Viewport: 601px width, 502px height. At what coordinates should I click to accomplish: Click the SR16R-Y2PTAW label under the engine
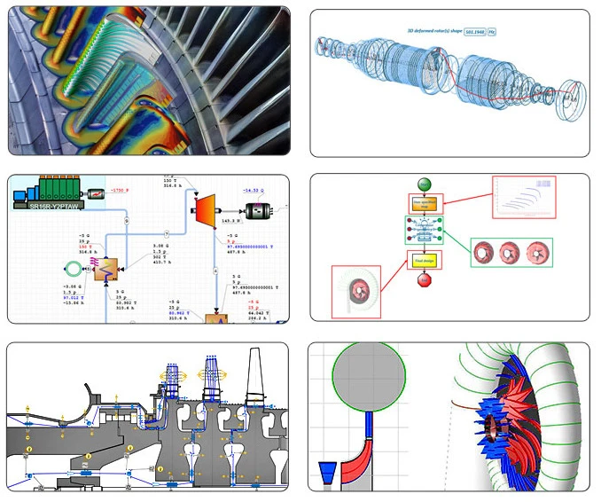click(50, 205)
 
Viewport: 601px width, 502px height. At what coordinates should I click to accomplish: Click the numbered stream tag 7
click(127, 220)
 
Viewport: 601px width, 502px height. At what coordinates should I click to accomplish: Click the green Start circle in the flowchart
click(425, 184)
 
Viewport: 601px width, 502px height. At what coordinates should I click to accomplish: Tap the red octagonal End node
click(425, 281)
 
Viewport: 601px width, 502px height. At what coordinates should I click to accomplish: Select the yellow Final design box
click(425, 260)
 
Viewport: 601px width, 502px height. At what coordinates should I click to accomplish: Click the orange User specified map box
click(425, 203)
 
